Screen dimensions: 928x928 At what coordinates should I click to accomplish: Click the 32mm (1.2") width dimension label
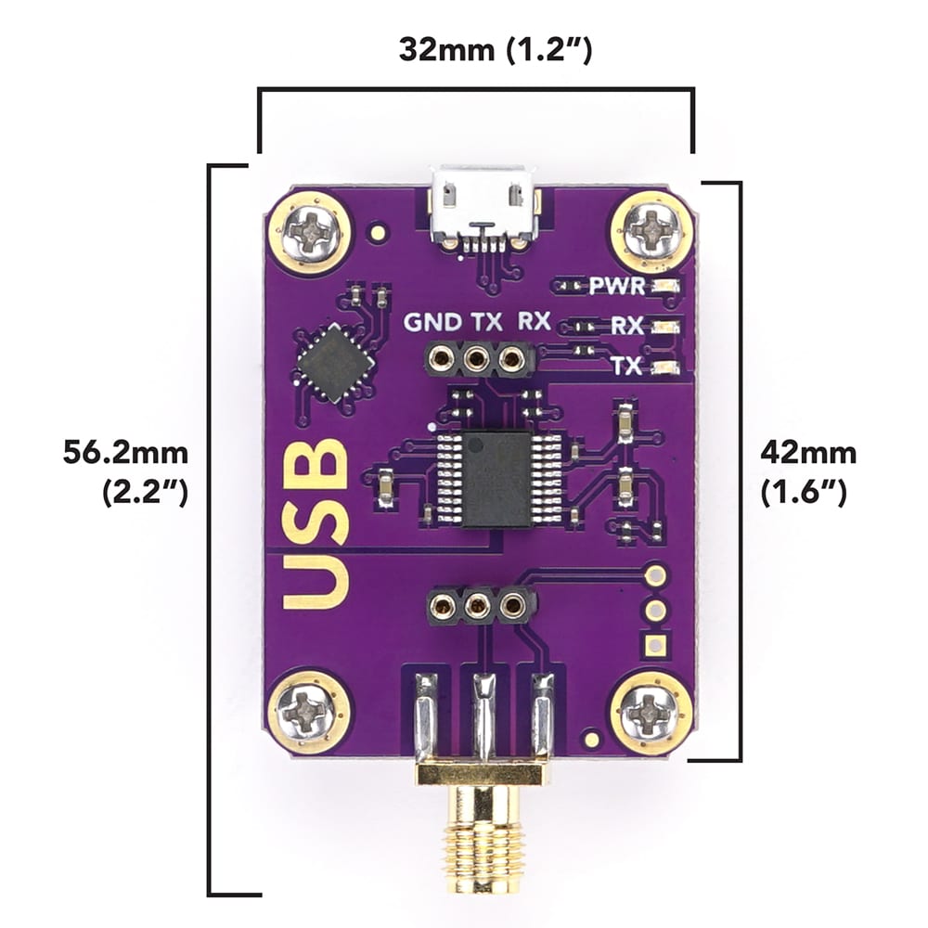(x=495, y=49)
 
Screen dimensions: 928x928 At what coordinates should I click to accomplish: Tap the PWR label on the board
(x=616, y=286)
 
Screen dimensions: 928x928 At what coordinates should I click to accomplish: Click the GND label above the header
(x=432, y=322)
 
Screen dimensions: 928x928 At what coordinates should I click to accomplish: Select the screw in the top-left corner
(x=310, y=233)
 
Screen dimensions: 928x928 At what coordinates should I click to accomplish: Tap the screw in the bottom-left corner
(x=309, y=713)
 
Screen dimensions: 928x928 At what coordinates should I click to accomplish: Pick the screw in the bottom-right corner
(x=651, y=713)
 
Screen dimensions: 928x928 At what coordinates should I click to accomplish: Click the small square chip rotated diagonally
(x=335, y=362)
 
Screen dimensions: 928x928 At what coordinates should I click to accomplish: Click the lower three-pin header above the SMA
(x=479, y=607)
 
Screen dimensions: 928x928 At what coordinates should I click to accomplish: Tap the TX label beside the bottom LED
(x=627, y=367)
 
